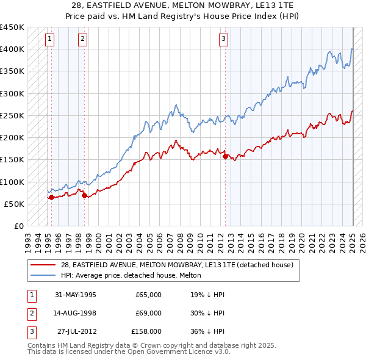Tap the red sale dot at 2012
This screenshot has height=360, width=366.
coord(226,156)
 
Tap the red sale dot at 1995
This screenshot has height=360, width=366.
coord(51,197)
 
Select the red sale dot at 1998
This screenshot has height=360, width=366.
coord(85,195)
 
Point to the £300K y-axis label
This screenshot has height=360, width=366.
coord(12,93)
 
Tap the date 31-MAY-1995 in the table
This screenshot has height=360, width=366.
coord(76,295)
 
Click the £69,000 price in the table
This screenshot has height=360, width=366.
coord(148,313)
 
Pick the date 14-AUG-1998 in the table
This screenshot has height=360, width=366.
coord(76,313)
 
